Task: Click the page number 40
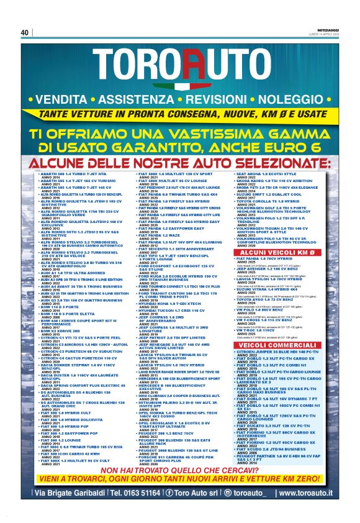pyautogui.click(x=25, y=32)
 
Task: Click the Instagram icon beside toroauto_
pyautogui.click(x=228, y=494)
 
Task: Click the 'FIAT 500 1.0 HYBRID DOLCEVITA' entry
pyautogui.click(x=77, y=401)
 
